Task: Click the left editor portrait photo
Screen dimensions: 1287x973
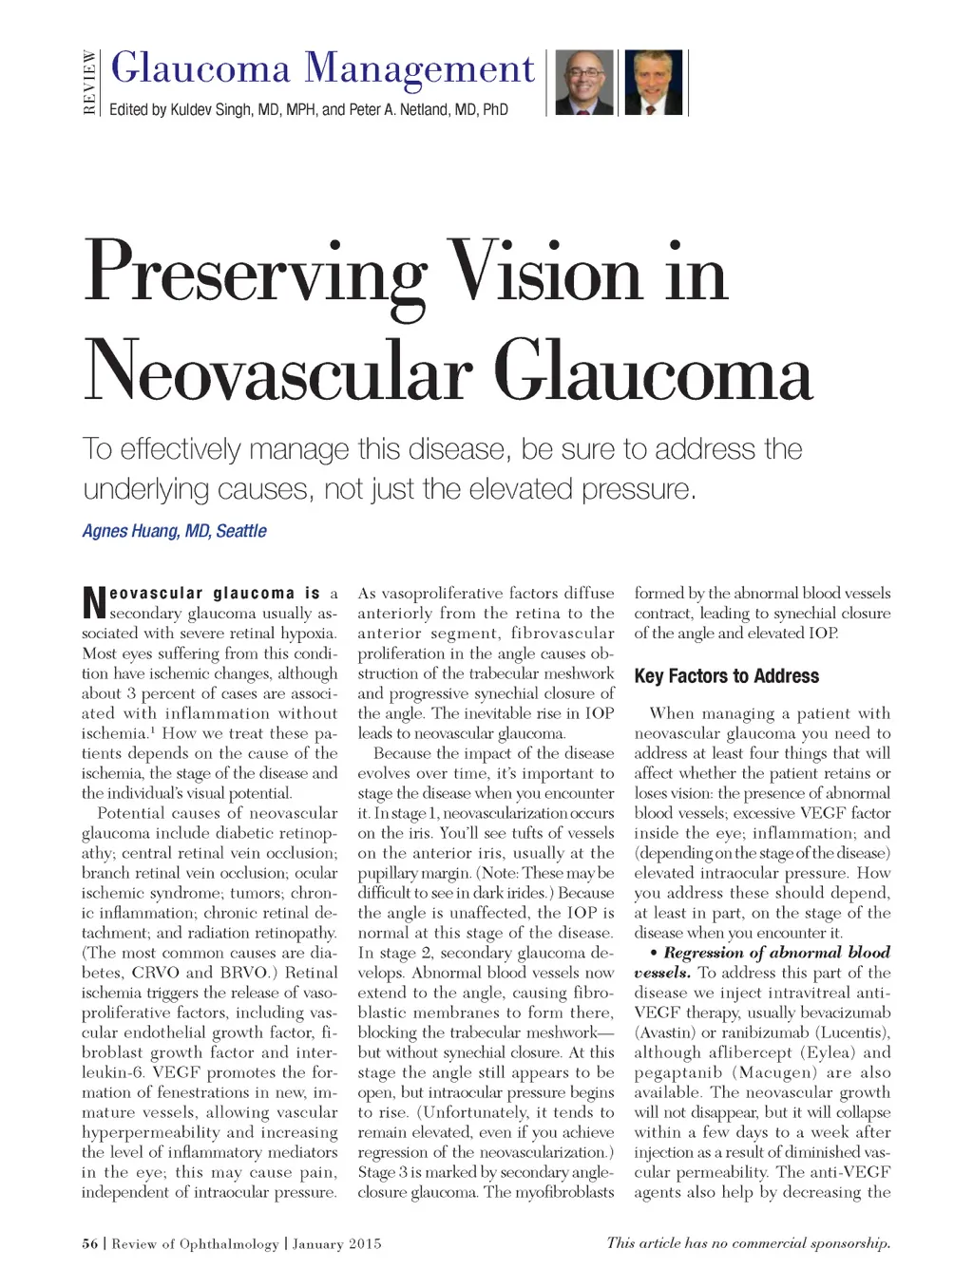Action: (583, 83)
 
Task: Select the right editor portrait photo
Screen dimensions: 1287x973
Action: (653, 83)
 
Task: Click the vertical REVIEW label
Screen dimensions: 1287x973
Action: (89, 83)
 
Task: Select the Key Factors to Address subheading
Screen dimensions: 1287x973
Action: (726, 676)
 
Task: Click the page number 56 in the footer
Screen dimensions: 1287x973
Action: (89, 1243)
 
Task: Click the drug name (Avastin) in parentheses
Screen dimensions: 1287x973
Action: (666, 1032)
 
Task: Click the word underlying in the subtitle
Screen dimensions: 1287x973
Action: (146, 489)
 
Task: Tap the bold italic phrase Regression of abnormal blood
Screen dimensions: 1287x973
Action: (776, 953)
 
